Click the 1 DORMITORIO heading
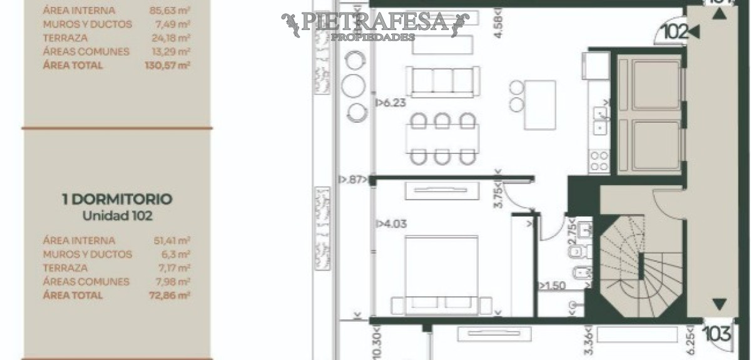coord(117,200)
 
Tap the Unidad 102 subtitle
coord(118,215)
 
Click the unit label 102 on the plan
coord(675,32)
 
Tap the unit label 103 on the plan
coord(717,333)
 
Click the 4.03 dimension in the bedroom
coord(389,224)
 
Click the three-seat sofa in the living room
coord(442,82)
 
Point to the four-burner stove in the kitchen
coord(599,161)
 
